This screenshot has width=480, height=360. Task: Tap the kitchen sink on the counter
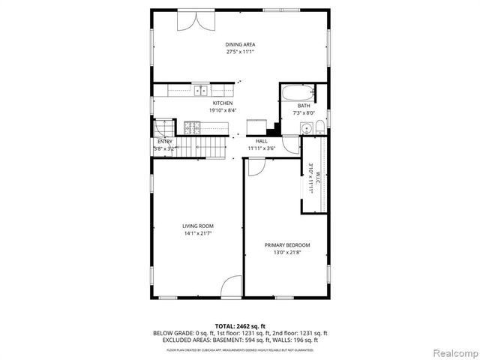(x=200, y=91)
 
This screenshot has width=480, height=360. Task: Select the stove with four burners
(x=193, y=127)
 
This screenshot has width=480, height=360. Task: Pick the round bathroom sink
(x=304, y=128)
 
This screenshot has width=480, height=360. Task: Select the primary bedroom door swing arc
(x=256, y=168)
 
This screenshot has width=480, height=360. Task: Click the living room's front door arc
(x=232, y=286)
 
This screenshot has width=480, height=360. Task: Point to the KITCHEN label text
(x=223, y=103)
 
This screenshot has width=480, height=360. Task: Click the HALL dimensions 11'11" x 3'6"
(x=262, y=148)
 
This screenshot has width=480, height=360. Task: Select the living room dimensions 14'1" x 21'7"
(x=198, y=234)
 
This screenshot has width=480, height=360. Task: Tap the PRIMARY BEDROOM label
(x=287, y=245)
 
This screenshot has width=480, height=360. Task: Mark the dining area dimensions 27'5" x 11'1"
(x=241, y=52)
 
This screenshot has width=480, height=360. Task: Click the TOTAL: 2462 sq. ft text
(x=240, y=325)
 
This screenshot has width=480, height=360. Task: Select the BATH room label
(x=303, y=106)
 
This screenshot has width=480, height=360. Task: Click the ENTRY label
(x=164, y=141)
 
